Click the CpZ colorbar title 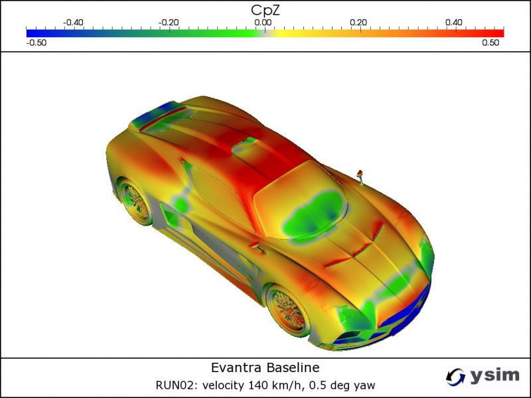pos(265,10)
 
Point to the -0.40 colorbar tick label pos(73,23)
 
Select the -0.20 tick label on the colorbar pos(169,23)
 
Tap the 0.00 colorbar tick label pos(263,23)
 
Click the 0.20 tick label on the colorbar pos(358,23)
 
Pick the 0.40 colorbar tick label pos(454,23)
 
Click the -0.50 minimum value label pos(37,42)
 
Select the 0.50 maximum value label pos(491,42)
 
